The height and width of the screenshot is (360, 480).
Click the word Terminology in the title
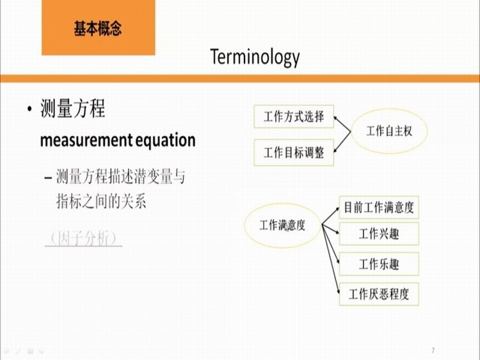pyautogui.click(x=255, y=57)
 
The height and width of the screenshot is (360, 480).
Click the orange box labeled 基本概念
pyautogui.click(x=99, y=28)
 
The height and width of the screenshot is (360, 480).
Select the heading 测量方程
pyautogui.click(x=72, y=108)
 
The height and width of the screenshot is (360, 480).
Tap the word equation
pyautogui.click(x=165, y=140)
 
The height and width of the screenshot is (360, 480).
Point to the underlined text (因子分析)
pyautogui.click(x=83, y=238)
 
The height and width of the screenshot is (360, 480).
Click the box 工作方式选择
pyautogui.click(x=294, y=117)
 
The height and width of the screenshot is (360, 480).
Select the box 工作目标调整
pyautogui.click(x=294, y=152)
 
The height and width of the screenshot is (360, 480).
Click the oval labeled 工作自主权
pyautogui.click(x=389, y=131)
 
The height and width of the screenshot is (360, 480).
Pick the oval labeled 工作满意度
pyautogui.click(x=282, y=225)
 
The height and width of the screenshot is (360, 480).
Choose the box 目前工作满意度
pyautogui.click(x=379, y=208)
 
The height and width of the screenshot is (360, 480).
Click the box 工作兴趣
pyautogui.click(x=379, y=234)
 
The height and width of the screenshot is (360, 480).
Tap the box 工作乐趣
pyautogui.click(x=379, y=264)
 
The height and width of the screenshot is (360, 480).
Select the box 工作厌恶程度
pyautogui.click(x=379, y=294)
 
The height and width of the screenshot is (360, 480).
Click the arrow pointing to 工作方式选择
pyautogui.click(x=342, y=124)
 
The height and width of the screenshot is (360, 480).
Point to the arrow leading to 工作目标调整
pyautogui.click(x=342, y=142)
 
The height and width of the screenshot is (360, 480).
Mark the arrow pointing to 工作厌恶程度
pyautogui.click(x=331, y=259)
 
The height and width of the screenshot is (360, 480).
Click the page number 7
pyautogui.click(x=433, y=350)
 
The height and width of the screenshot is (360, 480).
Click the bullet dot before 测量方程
pyautogui.click(x=29, y=109)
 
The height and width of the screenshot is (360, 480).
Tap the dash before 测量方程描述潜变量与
pyautogui.click(x=48, y=177)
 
